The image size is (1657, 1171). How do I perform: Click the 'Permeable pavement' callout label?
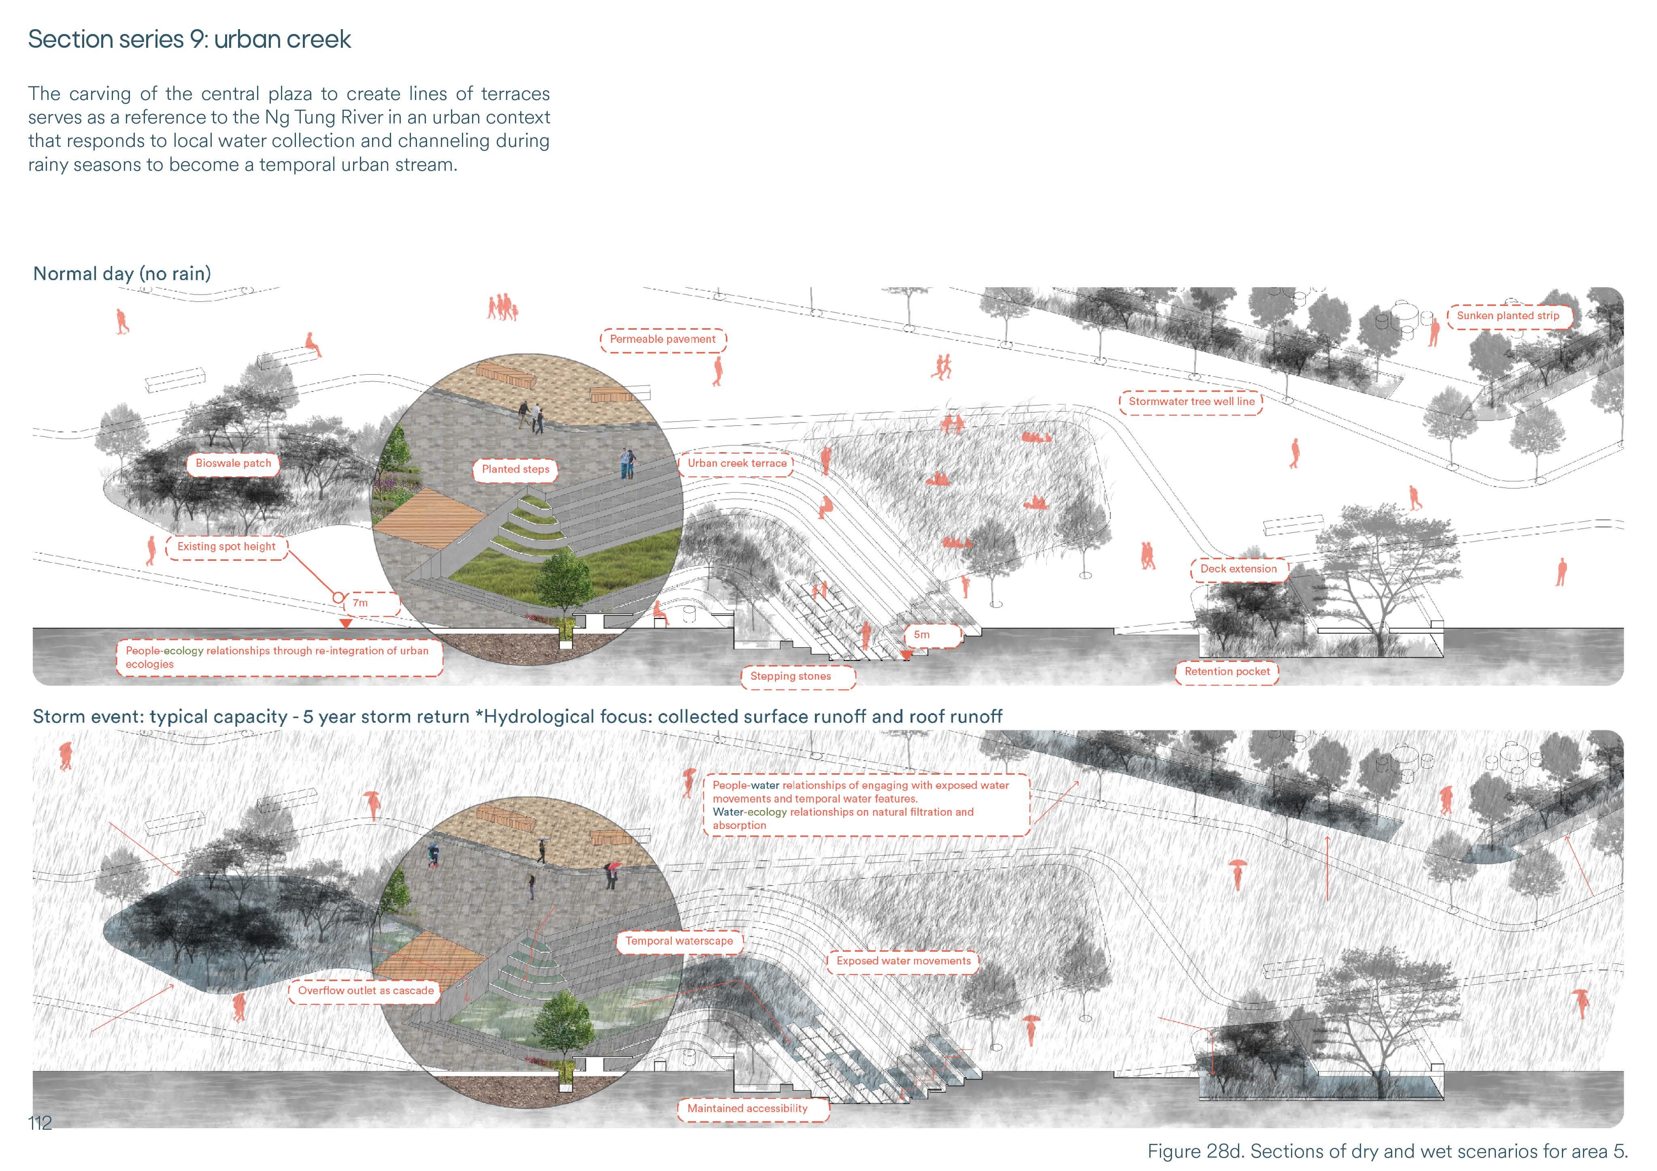point(662,339)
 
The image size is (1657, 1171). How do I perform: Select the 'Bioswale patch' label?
point(233,463)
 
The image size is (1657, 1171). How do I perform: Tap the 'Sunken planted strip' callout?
point(1508,316)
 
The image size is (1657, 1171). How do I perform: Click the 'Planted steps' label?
point(515,469)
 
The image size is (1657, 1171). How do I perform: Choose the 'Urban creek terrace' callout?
point(737,463)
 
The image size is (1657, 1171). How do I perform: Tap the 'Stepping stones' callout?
point(790,676)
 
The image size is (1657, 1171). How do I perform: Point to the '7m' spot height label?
point(361,602)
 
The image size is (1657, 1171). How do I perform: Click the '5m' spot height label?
point(921,635)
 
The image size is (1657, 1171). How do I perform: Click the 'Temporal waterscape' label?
point(679,941)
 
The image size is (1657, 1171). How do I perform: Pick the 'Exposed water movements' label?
point(903,961)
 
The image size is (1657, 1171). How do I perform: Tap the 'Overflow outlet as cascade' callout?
point(366,991)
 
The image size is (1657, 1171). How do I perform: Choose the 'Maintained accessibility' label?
point(747,1108)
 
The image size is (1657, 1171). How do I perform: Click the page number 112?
point(40,1123)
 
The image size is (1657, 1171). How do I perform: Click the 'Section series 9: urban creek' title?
point(189,39)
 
